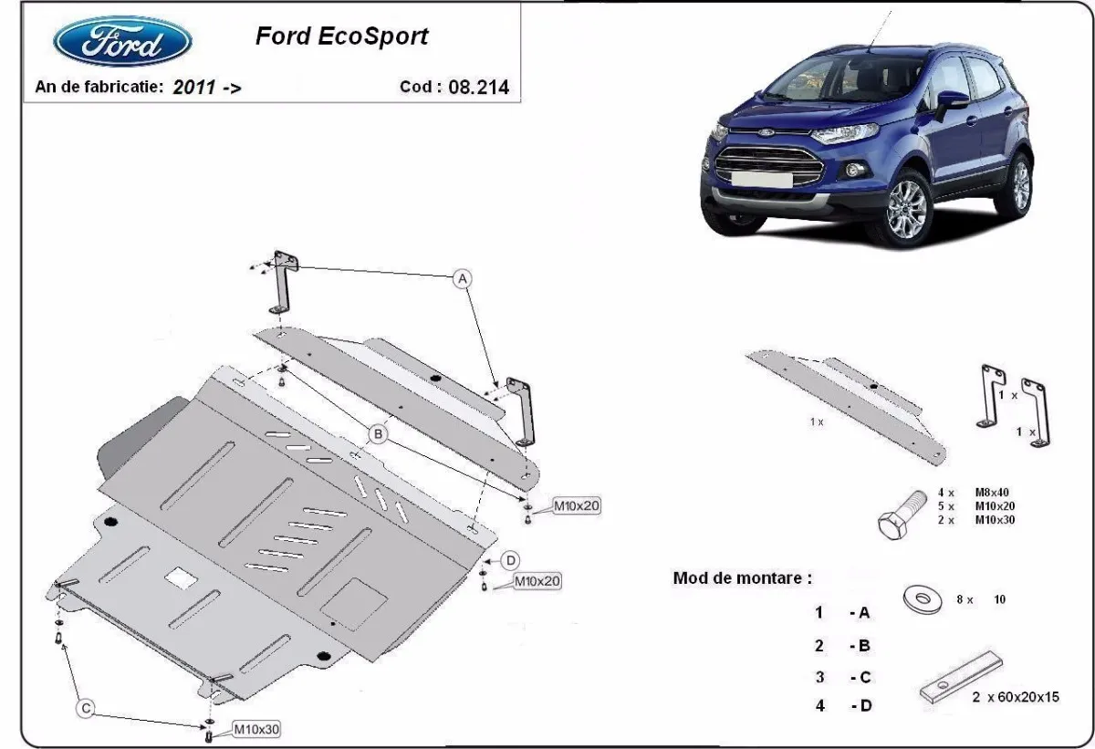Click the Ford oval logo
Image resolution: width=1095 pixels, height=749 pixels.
tap(122, 43)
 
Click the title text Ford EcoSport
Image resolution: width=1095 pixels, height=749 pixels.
tap(341, 37)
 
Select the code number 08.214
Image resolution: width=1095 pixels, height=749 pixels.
tap(479, 88)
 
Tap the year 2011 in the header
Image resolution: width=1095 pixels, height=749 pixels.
tap(193, 88)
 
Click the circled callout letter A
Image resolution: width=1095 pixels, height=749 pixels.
tap(463, 278)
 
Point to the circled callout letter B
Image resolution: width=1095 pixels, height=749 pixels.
tap(378, 434)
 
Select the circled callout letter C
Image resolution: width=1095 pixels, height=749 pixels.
tap(86, 707)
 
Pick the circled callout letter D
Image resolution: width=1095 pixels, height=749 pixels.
tap(511, 559)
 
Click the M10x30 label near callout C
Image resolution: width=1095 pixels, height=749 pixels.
tap(257, 729)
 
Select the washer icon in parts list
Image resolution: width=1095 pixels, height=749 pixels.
tap(922, 599)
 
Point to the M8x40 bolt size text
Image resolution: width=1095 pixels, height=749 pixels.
tap(994, 492)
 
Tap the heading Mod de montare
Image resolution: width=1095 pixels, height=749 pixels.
tap(741, 577)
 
